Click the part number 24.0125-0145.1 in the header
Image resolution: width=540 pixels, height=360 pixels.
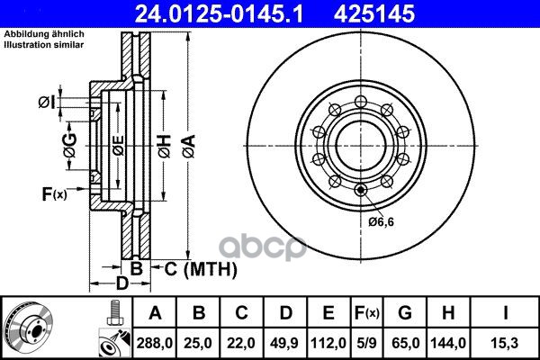219,14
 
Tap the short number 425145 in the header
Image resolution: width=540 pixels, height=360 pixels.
374,14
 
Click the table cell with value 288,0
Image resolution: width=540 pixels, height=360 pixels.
155,343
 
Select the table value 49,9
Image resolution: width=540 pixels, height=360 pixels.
284,343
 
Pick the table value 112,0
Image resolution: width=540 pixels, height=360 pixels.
328,343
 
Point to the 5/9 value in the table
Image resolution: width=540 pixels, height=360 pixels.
366,343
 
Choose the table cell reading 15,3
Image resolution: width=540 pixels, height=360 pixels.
505,343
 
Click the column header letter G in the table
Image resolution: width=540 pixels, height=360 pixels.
405,313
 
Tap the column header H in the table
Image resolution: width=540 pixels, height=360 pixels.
448,313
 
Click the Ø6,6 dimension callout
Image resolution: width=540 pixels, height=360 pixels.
381,222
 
